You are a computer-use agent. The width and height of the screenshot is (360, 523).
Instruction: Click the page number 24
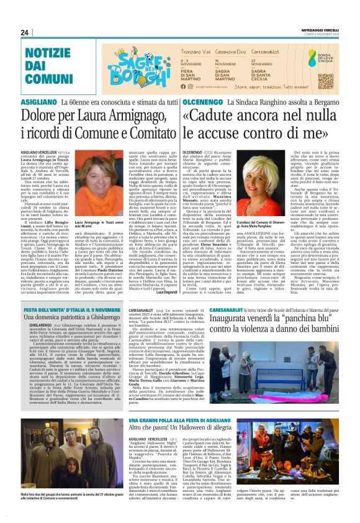[x=25, y=33]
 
